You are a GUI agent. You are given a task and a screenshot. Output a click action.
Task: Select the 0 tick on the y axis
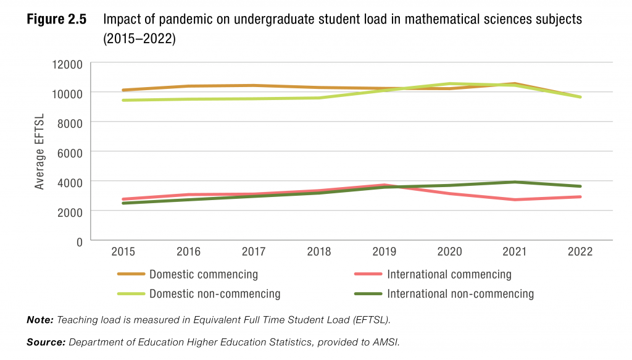(79, 241)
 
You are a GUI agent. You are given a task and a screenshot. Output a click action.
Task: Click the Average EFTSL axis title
(39, 152)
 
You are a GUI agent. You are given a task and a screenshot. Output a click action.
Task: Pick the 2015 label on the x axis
(123, 252)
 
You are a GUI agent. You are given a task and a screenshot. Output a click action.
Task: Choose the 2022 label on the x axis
(580, 252)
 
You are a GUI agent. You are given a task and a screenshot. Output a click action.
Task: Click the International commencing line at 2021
(515, 199)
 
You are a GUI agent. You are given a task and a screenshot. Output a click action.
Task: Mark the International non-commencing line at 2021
(515, 182)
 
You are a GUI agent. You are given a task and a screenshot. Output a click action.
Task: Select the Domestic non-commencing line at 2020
(449, 84)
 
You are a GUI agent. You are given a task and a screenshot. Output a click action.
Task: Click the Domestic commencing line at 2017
(254, 85)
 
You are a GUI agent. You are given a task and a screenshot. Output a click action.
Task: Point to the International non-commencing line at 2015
(123, 203)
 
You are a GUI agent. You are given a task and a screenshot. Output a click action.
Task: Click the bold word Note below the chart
(40, 320)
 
